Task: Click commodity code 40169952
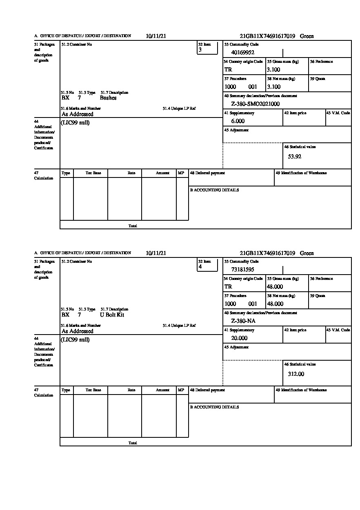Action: (x=243, y=52)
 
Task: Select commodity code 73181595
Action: (x=243, y=269)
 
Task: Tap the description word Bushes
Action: (x=108, y=98)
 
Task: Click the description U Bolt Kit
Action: (x=112, y=315)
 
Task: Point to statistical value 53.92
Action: (x=295, y=156)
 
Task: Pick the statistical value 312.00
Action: (x=296, y=374)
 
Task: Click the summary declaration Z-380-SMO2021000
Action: (x=256, y=104)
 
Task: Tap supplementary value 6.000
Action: (x=238, y=121)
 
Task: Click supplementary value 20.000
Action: (x=239, y=338)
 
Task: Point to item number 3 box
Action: (x=207, y=48)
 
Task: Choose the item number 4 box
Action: (x=207, y=265)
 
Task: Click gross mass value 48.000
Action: (x=275, y=286)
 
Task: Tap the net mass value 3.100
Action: (x=274, y=86)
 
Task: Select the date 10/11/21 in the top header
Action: (x=156, y=36)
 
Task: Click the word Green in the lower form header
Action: (x=307, y=253)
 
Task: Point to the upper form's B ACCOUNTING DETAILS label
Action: (x=214, y=190)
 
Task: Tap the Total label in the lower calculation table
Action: (x=133, y=443)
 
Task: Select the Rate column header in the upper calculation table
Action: (x=131, y=173)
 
